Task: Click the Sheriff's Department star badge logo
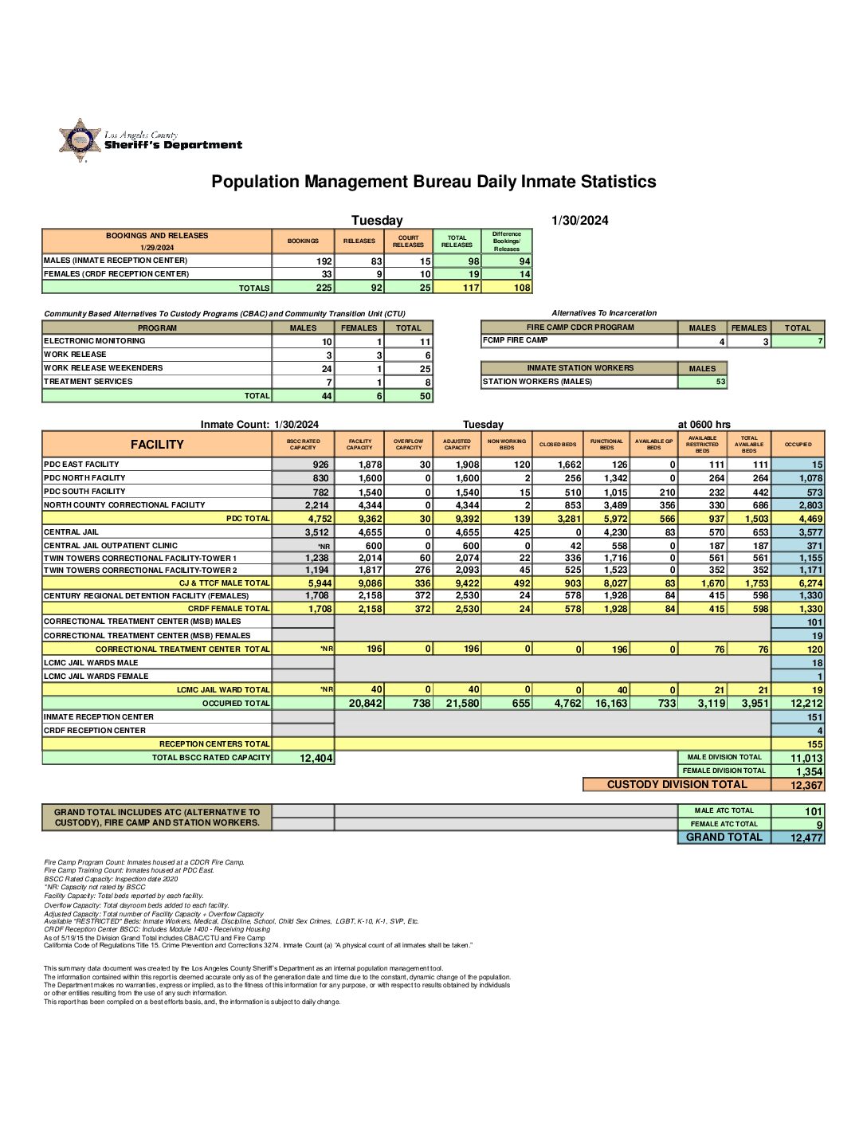(80, 140)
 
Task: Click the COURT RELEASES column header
(408, 241)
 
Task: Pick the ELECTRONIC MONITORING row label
(95, 340)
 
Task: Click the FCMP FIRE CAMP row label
(516, 340)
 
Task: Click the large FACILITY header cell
(157, 445)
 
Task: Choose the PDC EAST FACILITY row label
(81, 464)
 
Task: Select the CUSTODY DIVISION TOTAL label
(677, 784)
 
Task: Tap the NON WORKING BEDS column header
(507, 444)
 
